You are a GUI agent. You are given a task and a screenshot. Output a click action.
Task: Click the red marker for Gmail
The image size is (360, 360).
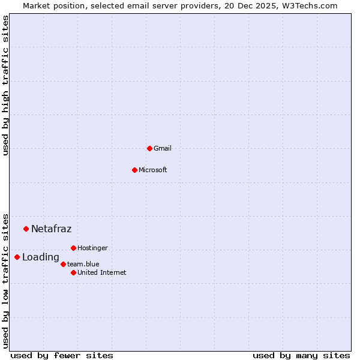(149, 148)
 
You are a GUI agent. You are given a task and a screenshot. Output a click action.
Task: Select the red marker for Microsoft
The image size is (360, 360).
(134, 170)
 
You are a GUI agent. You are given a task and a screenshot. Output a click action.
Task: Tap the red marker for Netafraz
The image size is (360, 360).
(26, 229)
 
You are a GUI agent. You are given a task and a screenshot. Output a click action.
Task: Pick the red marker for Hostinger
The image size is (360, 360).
(73, 248)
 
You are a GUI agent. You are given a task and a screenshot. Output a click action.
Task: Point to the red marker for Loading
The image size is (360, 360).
(17, 257)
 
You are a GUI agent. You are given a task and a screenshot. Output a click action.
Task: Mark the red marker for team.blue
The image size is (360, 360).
(63, 264)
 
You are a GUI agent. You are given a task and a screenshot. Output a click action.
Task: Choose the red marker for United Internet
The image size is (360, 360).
(73, 272)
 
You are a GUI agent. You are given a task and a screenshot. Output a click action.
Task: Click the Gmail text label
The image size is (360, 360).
(163, 148)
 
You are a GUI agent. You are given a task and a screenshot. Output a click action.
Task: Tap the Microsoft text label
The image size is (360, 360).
(153, 170)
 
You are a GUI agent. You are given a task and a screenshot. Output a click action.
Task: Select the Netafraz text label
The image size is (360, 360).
(52, 229)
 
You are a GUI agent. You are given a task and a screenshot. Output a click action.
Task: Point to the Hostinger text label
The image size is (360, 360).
(93, 248)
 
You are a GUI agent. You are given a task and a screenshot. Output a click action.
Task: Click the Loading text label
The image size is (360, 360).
(41, 257)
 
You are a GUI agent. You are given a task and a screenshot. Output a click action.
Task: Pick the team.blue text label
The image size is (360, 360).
(83, 264)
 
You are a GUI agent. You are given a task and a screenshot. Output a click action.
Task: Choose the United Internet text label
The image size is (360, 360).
(102, 272)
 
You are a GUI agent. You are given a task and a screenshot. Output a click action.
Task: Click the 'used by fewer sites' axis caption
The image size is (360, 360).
(62, 355)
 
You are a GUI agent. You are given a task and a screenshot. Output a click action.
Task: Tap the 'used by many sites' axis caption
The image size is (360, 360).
(301, 355)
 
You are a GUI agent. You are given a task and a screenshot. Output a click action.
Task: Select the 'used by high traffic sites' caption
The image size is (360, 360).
(5, 85)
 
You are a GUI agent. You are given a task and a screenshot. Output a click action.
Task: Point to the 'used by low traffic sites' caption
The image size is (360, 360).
(5, 280)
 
